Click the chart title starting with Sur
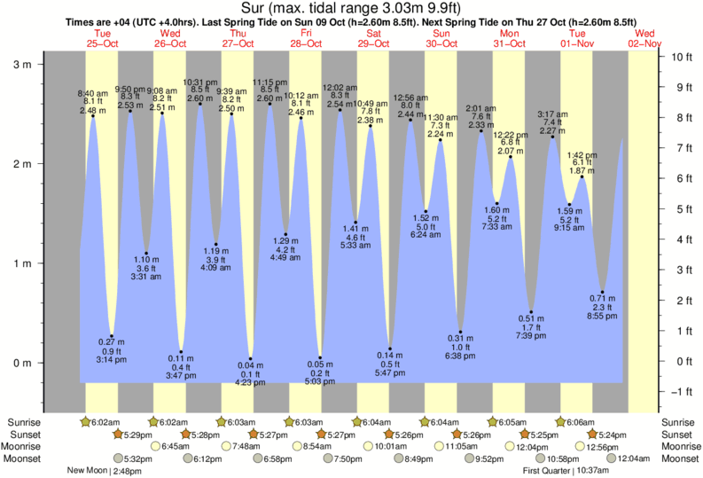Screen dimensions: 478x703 351,9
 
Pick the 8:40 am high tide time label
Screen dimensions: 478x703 92,93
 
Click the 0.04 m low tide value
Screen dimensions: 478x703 251,366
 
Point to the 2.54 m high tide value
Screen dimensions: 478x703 340,105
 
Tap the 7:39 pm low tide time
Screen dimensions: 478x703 532,336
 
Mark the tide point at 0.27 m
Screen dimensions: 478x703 112,335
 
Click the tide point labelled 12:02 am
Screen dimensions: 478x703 340,110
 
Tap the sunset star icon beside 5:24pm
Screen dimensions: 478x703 592,435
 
